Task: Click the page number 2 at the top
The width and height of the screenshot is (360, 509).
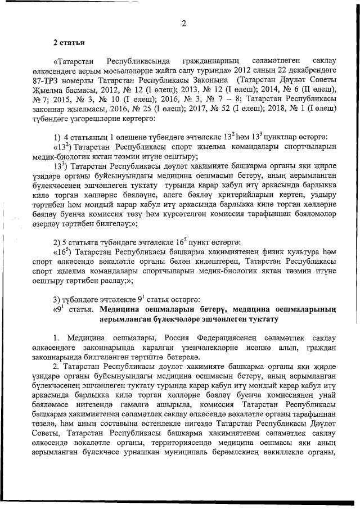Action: [x=183, y=23]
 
